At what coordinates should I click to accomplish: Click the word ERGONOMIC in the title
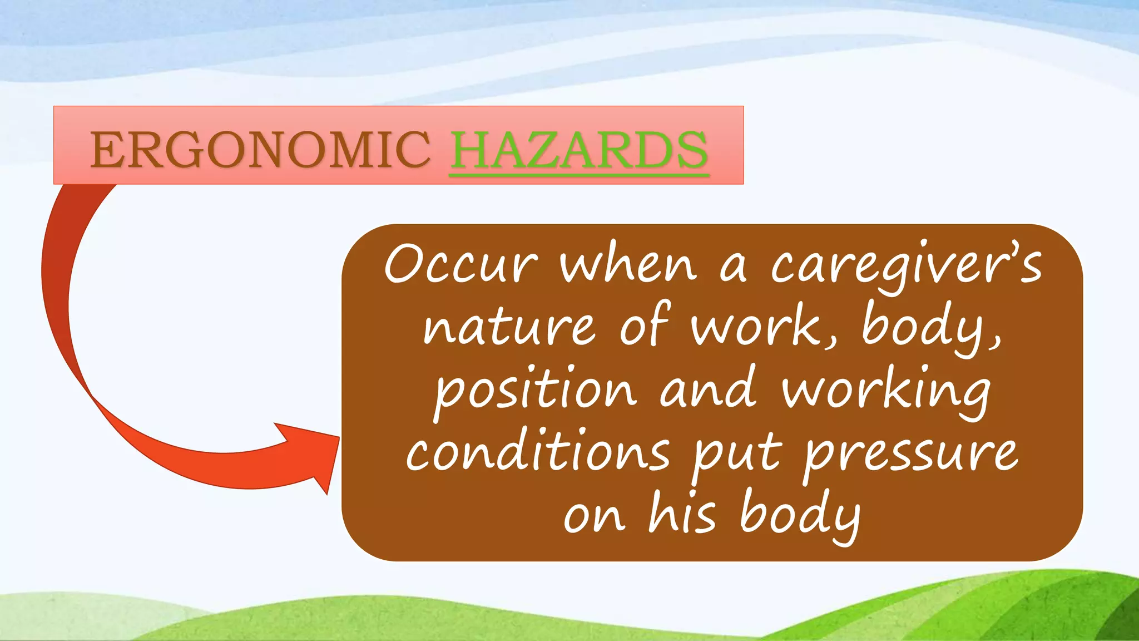point(260,150)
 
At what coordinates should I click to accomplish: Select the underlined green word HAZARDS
point(579,150)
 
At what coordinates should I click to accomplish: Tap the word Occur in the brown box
point(461,264)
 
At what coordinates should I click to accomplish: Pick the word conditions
point(538,453)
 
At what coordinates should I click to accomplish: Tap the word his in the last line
point(682,515)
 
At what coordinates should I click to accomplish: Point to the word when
point(628,264)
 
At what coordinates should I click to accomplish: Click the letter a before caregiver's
point(733,267)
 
